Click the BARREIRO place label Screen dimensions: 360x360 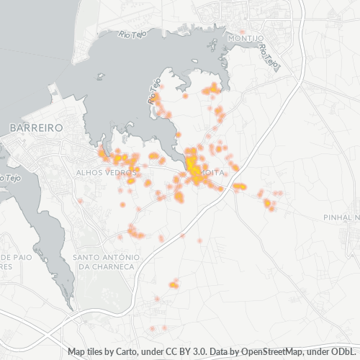(x=36, y=127)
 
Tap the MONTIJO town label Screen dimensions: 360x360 (x=246, y=37)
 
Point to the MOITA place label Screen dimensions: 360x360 (x=214, y=174)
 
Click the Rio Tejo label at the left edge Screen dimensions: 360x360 (x=9, y=177)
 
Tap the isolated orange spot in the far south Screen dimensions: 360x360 (x=173, y=285)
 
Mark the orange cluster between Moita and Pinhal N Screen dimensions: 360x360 (x=268, y=204)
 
